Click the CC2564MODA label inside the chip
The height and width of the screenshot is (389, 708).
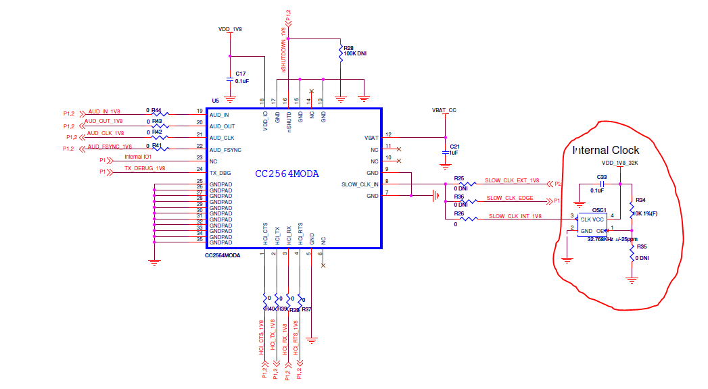287,174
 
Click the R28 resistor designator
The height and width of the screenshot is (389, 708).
350,47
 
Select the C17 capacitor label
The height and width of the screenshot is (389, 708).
241,74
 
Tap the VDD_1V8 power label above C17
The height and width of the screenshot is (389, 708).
230,30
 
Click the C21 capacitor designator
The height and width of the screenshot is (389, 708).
454,146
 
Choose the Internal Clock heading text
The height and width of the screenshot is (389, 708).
605,150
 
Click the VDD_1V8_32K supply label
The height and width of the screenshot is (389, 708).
619,163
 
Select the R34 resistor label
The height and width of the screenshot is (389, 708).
641,200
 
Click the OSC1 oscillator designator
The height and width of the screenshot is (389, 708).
599,210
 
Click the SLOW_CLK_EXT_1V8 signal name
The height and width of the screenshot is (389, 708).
512,181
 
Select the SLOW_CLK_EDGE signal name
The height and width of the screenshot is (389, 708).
510,198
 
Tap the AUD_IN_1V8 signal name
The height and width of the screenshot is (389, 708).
104,111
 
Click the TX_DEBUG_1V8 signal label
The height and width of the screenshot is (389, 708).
144,168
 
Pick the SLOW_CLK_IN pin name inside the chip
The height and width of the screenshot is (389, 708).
360,184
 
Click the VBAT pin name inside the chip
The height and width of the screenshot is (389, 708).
371,137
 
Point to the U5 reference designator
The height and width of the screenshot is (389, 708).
215,100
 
